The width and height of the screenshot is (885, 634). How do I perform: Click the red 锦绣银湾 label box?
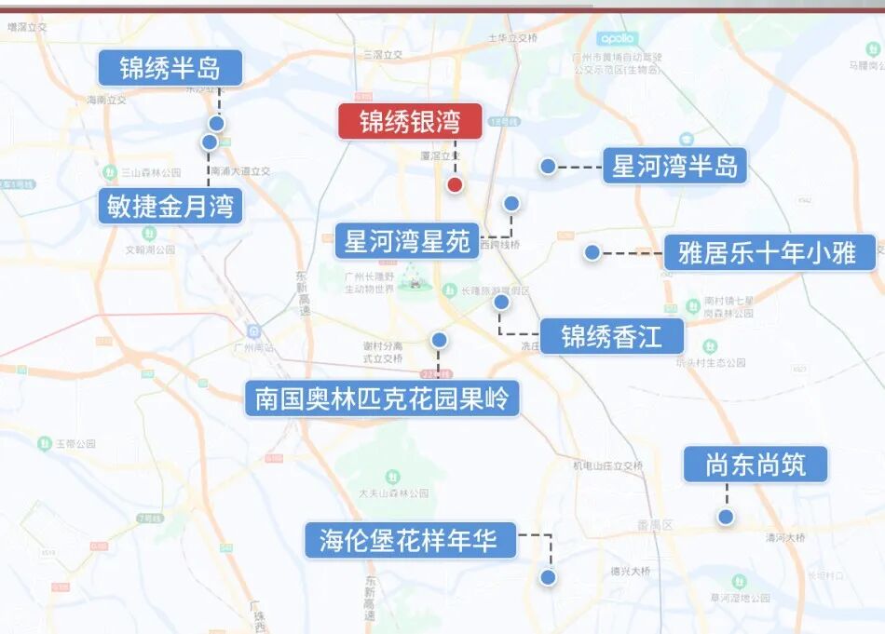410,121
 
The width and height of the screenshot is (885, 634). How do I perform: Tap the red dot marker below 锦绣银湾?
455,184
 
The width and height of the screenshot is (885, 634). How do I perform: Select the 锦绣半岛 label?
170,68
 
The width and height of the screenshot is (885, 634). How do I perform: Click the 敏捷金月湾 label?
170,206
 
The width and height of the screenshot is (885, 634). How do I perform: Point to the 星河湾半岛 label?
674,166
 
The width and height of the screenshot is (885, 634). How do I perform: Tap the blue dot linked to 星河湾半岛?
548,166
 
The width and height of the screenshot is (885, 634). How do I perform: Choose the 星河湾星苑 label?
408,241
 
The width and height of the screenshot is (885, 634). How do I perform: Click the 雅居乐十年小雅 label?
769,252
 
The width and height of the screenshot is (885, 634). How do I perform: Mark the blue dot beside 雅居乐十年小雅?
592,252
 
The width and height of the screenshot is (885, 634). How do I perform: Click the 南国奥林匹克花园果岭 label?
382,399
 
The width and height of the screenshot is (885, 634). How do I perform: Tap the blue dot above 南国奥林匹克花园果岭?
439,340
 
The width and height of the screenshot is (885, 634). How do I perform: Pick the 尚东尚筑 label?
755,464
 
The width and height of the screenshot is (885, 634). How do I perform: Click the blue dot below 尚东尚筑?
726,517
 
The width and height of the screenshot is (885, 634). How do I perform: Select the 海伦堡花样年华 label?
410,540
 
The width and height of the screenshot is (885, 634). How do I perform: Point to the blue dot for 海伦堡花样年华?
548,577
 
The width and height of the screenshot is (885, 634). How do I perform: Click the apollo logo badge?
617,38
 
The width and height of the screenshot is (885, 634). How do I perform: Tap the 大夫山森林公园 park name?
393,493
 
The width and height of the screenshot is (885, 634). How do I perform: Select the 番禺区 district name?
655,525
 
